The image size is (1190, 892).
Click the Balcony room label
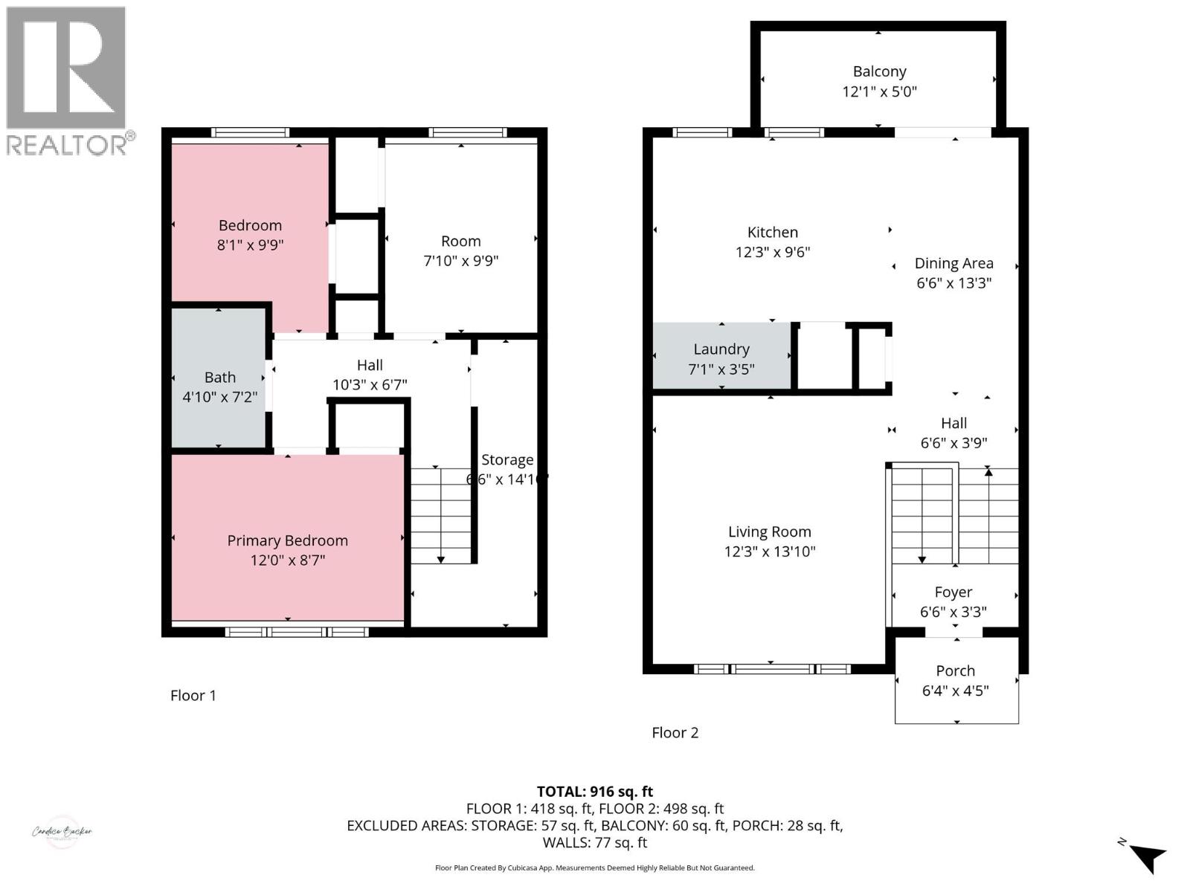pos(879,72)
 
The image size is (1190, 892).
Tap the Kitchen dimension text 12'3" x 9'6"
pos(772,252)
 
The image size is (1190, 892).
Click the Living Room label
pos(769,532)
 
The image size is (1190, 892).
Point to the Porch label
pos(955,670)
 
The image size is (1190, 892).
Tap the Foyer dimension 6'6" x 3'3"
pos(953,612)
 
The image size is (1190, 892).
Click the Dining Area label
pos(953,263)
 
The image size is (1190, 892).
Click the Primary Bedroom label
pos(287,540)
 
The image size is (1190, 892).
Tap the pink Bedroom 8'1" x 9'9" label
pos(250,226)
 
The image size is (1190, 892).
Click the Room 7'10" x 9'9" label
pos(460,242)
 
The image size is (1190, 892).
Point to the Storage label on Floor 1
pos(506,460)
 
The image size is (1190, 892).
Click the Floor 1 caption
pos(193,696)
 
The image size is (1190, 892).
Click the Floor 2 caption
pos(675,733)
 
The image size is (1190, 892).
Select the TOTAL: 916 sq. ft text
pos(594,792)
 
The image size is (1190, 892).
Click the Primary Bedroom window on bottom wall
pos(296,632)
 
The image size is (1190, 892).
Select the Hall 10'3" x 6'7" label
pos(370,366)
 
